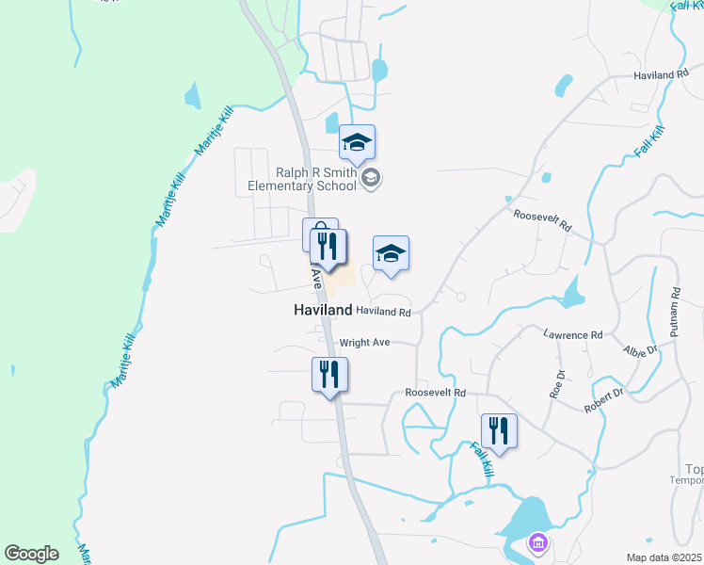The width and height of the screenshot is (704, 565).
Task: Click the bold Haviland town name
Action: click(x=323, y=310)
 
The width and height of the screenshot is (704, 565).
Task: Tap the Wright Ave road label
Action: click(x=364, y=344)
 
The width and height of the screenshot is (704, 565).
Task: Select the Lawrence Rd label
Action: click(x=572, y=334)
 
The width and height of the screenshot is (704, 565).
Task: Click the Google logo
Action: click(x=31, y=554)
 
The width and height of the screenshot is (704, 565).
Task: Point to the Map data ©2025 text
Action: click(x=664, y=557)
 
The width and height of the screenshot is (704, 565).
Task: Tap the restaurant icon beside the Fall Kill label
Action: click(x=499, y=431)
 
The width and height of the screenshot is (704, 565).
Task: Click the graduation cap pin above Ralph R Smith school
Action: click(x=358, y=142)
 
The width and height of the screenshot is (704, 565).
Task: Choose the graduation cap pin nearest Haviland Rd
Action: click(x=391, y=253)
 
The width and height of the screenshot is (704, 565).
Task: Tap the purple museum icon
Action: click(x=537, y=542)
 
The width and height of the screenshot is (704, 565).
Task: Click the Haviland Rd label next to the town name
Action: click(x=384, y=312)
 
